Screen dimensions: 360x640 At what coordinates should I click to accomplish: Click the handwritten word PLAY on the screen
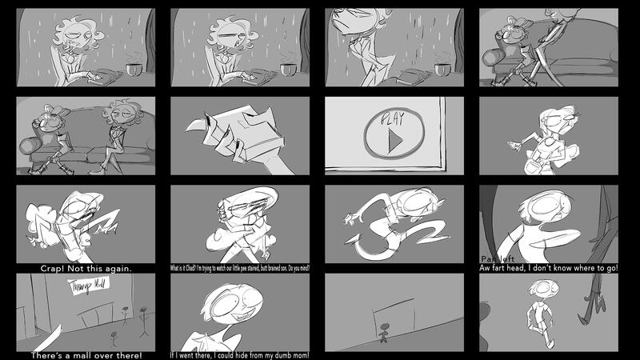[x=392, y=119]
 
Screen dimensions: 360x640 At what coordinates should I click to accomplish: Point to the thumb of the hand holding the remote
[x=196, y=125]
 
